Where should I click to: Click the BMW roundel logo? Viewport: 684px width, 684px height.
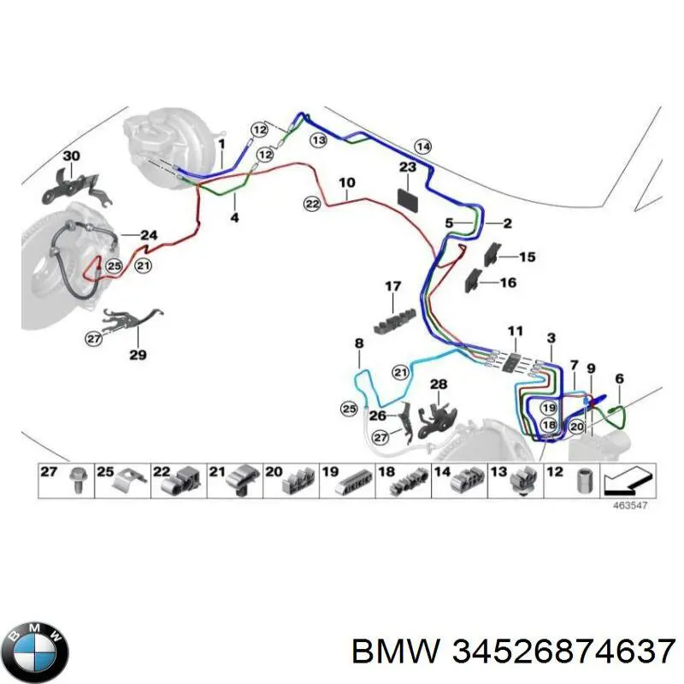[x=34, y=652]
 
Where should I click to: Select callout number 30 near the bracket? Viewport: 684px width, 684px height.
[x=71, y=156]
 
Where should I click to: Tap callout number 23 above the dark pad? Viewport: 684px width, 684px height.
[x=408, y=168]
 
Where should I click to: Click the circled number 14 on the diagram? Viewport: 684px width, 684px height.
[x=422, y=145]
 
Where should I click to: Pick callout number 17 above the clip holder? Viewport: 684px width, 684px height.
[x=392, y=286]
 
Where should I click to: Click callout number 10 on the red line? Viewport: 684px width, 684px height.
[x=346, y=182]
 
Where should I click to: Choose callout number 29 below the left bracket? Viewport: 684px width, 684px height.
[x=138, y=355]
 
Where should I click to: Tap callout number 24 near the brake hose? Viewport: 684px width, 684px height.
[x=149, y=235]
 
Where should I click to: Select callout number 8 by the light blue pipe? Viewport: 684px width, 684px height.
[x=359, y=343]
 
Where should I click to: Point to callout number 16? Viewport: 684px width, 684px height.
[x=508, y=282]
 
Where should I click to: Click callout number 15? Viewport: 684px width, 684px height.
[x=528, y=256]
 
